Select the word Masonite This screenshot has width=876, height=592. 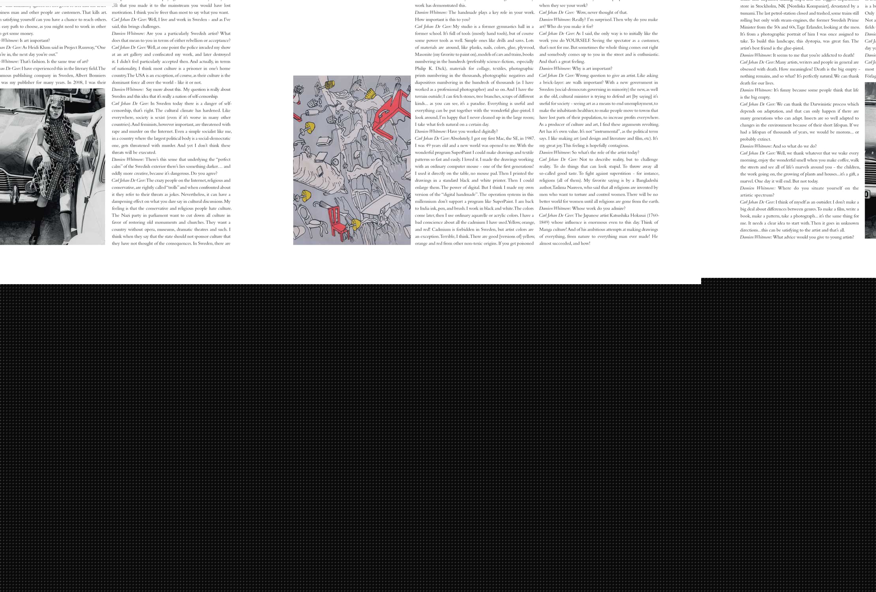423,54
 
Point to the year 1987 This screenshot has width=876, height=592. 529,139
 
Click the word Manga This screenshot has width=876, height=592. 547,229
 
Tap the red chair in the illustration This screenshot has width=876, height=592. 338,223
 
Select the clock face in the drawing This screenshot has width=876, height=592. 334,161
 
